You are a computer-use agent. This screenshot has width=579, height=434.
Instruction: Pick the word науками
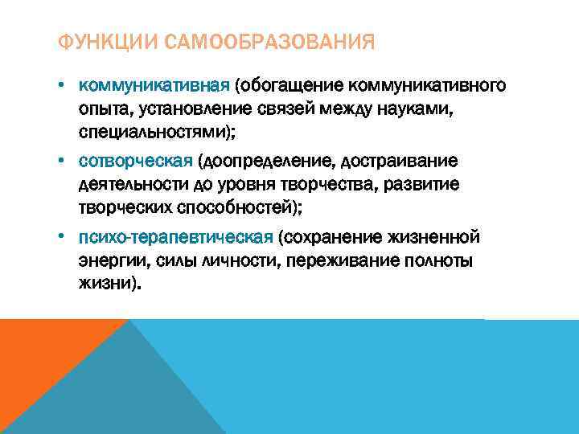click(429, 107)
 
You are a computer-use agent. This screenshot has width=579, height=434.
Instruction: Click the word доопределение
click(263, 162)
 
